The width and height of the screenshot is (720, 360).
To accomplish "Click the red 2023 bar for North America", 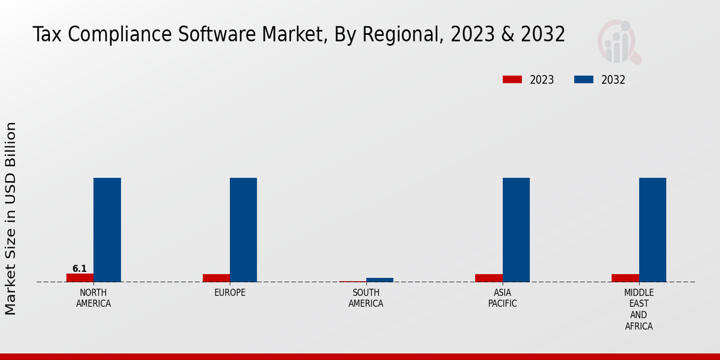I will pyautogui.click(x=80, y=278).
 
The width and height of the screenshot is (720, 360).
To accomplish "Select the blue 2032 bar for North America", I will pyautogui.click(x=107, y=230).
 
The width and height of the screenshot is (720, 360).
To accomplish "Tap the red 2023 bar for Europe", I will pyautogui.click(x=216, y=278).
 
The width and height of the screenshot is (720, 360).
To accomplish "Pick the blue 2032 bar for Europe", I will pyautogui.click(x=243, y=230).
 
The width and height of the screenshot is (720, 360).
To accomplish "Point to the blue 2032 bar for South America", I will pyautogui.click(x=380, y=280).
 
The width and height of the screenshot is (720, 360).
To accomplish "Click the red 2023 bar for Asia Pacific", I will pyautogui.click(x=488, y=278).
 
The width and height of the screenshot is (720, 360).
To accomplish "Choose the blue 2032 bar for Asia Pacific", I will pyautogui.click(x=516, y=230).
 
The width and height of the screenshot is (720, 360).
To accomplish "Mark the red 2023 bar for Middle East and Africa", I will pyautogui.click(x=625, y=278).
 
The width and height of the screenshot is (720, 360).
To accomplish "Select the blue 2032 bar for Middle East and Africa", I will pyautogui.click(x=652, y=230).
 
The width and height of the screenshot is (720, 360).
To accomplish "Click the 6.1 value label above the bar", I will pyautogui.click(x=80, y=269).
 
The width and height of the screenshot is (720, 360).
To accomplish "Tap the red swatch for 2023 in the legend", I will pyautogui.click(x=512, y=80).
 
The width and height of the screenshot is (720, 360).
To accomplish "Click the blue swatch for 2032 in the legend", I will pyautogui.click(x=584, y=80).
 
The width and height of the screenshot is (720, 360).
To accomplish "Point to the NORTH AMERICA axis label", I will pyautogui.click(x=93, y=298).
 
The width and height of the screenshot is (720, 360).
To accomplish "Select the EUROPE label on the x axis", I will pyautogui.click(x=230, y=293).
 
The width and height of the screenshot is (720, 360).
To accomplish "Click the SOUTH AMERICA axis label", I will pyautogui.click(x=366, y=298).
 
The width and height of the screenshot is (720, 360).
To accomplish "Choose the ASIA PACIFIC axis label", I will pyautogui.click(x=502, y=298).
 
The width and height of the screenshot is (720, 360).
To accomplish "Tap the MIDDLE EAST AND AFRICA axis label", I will pyautogui.click(x=638, y=310).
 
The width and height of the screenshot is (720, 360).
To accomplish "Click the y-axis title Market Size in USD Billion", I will pyautogui.click(x=11, y=218).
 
